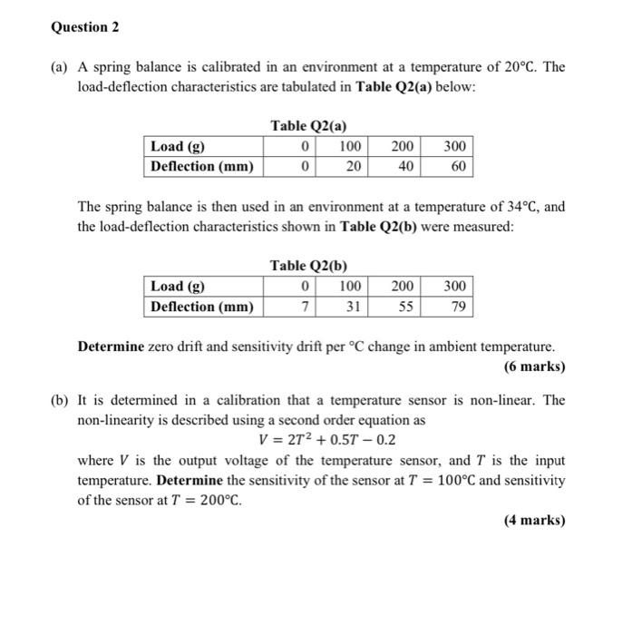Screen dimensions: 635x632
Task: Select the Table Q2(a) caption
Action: coord(308,126)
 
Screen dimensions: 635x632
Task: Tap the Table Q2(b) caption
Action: coord(308,266)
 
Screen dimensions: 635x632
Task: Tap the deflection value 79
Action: coord(457,307)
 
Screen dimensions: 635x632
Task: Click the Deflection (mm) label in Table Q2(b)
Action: coord(202,307)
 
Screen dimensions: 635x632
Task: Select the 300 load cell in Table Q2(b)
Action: coord(453,287)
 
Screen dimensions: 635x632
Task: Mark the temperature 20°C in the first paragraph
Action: coord(527,67)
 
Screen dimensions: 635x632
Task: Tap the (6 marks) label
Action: coord(534,367)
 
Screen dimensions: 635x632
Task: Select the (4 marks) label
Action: coord(534,520)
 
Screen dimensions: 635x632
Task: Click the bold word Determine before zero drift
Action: coord(112,347)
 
